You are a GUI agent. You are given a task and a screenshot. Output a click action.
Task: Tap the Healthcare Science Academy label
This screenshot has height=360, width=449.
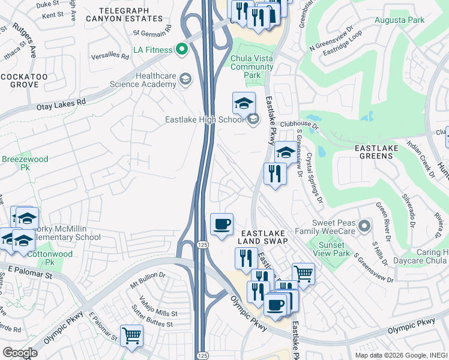pyautogui.click(x=144, y=80)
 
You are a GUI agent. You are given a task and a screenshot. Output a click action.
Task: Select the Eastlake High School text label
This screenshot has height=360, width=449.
pyautogui.click(x=204, y=119)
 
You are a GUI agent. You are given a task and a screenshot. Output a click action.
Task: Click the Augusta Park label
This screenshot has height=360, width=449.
pyautogui.click(x=399, y=20)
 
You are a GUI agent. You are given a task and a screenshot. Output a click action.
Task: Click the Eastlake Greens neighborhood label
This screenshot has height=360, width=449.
pyautogui.click(x=382, y=151)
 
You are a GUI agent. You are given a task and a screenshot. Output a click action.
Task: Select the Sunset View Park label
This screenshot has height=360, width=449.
pyautogui.click(x=331, y=249)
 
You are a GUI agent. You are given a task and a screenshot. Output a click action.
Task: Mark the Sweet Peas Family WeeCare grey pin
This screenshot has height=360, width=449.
pyautogui.click(x=364, y=226)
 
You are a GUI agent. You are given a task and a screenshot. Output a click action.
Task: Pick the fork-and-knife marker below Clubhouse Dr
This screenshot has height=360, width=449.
pyautogui.click(x=275, y=175)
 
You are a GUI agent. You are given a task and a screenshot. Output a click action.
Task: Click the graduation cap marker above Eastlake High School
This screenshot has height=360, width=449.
pyautogui.click(x=244, y=103)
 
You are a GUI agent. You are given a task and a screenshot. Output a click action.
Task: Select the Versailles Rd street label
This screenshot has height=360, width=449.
pyautogui.click(x=115, y=56)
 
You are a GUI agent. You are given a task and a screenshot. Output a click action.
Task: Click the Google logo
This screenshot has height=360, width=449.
pyautogui.click(x=20, y=353)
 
